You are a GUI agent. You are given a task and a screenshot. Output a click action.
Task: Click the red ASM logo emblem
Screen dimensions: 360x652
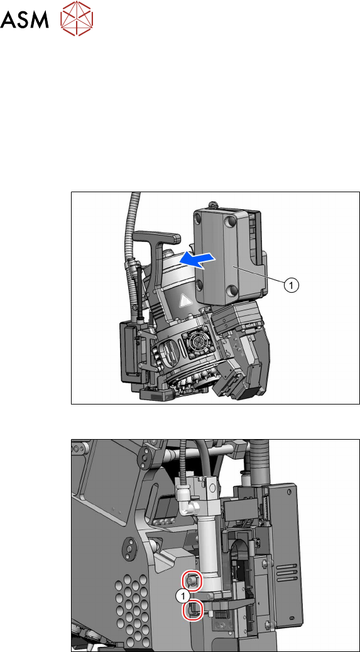point(77,18)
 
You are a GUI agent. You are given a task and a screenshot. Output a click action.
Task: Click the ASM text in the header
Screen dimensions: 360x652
point(25,19)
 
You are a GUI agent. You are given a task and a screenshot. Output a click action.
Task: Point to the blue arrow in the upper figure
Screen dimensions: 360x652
point(197,259)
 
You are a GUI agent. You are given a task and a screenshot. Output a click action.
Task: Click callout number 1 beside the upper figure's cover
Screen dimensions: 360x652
point(292,285)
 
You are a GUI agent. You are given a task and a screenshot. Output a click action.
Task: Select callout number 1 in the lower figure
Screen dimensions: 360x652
point(182,596)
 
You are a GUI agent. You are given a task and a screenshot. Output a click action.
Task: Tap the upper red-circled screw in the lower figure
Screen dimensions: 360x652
point(193,580)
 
